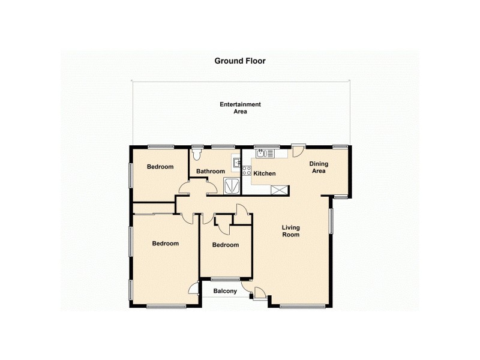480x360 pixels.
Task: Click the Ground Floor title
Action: [240, 61]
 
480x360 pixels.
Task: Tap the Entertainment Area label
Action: [240, 108]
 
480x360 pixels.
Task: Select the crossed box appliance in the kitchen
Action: [279, 190]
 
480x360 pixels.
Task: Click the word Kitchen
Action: [265, 173]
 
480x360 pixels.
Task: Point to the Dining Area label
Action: [317, 167]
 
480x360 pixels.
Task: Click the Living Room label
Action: [291, 231]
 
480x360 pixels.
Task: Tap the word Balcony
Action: [225, 292]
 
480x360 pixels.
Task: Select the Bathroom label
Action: [211, 172]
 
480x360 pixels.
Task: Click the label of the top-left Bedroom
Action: [160, 167]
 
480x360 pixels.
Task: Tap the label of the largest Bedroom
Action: [165, 244]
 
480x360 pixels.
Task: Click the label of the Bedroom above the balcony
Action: [226, 245]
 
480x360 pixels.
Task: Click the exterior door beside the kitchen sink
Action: [298, 150]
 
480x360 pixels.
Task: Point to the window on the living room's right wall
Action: [330, 220]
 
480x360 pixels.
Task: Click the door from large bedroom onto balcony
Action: [194, 289]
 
